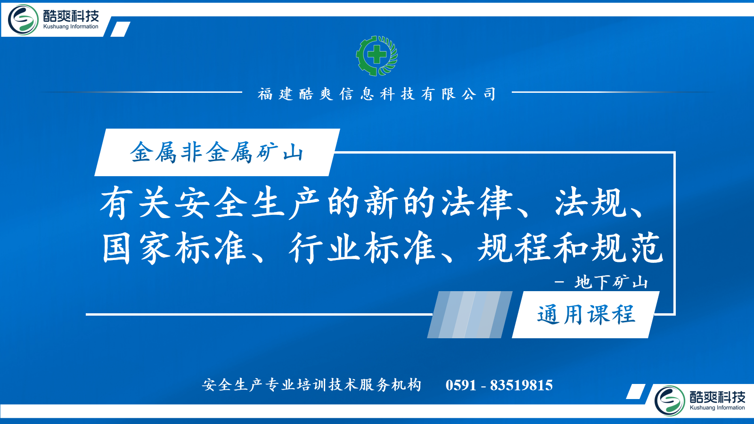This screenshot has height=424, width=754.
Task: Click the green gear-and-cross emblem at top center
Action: pyautogui.click(x=377, y=56)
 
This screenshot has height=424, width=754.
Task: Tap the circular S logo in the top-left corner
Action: pyautogui.click(x=23, y=20)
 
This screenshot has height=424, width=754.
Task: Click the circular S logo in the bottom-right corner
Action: pyautogui.click(x=670, y=401)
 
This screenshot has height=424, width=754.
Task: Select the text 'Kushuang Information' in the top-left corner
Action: pyautogui.click(x=71, y=26)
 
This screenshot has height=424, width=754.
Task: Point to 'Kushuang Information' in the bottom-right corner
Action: pyautogui.click(x=717, y=408)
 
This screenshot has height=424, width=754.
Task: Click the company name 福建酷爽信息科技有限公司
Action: pyautogui.click(x=377, y=94)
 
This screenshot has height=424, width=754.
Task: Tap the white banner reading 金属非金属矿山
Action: pyautogui.click(x=217, y=153)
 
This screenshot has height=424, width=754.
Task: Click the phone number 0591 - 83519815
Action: pyautogui.click(x=499, y=385)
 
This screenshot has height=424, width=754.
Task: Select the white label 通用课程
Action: pyautogui.click(x=586, y=315)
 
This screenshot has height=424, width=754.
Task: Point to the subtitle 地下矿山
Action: pyautogui.click(x=611, y=282)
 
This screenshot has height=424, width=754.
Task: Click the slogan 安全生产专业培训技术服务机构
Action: pyautogui.click(x=311, y=385)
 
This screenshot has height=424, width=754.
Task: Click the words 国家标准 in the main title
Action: pyautogui.click(x=174, y=248)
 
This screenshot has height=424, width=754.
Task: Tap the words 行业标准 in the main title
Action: pyautogui.click(x=362, y=248)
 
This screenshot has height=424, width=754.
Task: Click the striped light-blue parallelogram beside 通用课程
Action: pyautogui.click(x=470, y=315)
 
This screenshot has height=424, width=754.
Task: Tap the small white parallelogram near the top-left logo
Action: pyautogui.click(x=120, y=29)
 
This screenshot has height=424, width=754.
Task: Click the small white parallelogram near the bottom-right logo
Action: pyautogui.click(x=636, y=391)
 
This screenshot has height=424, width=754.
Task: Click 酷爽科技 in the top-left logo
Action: pyautogui.click(x=71, y=16)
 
